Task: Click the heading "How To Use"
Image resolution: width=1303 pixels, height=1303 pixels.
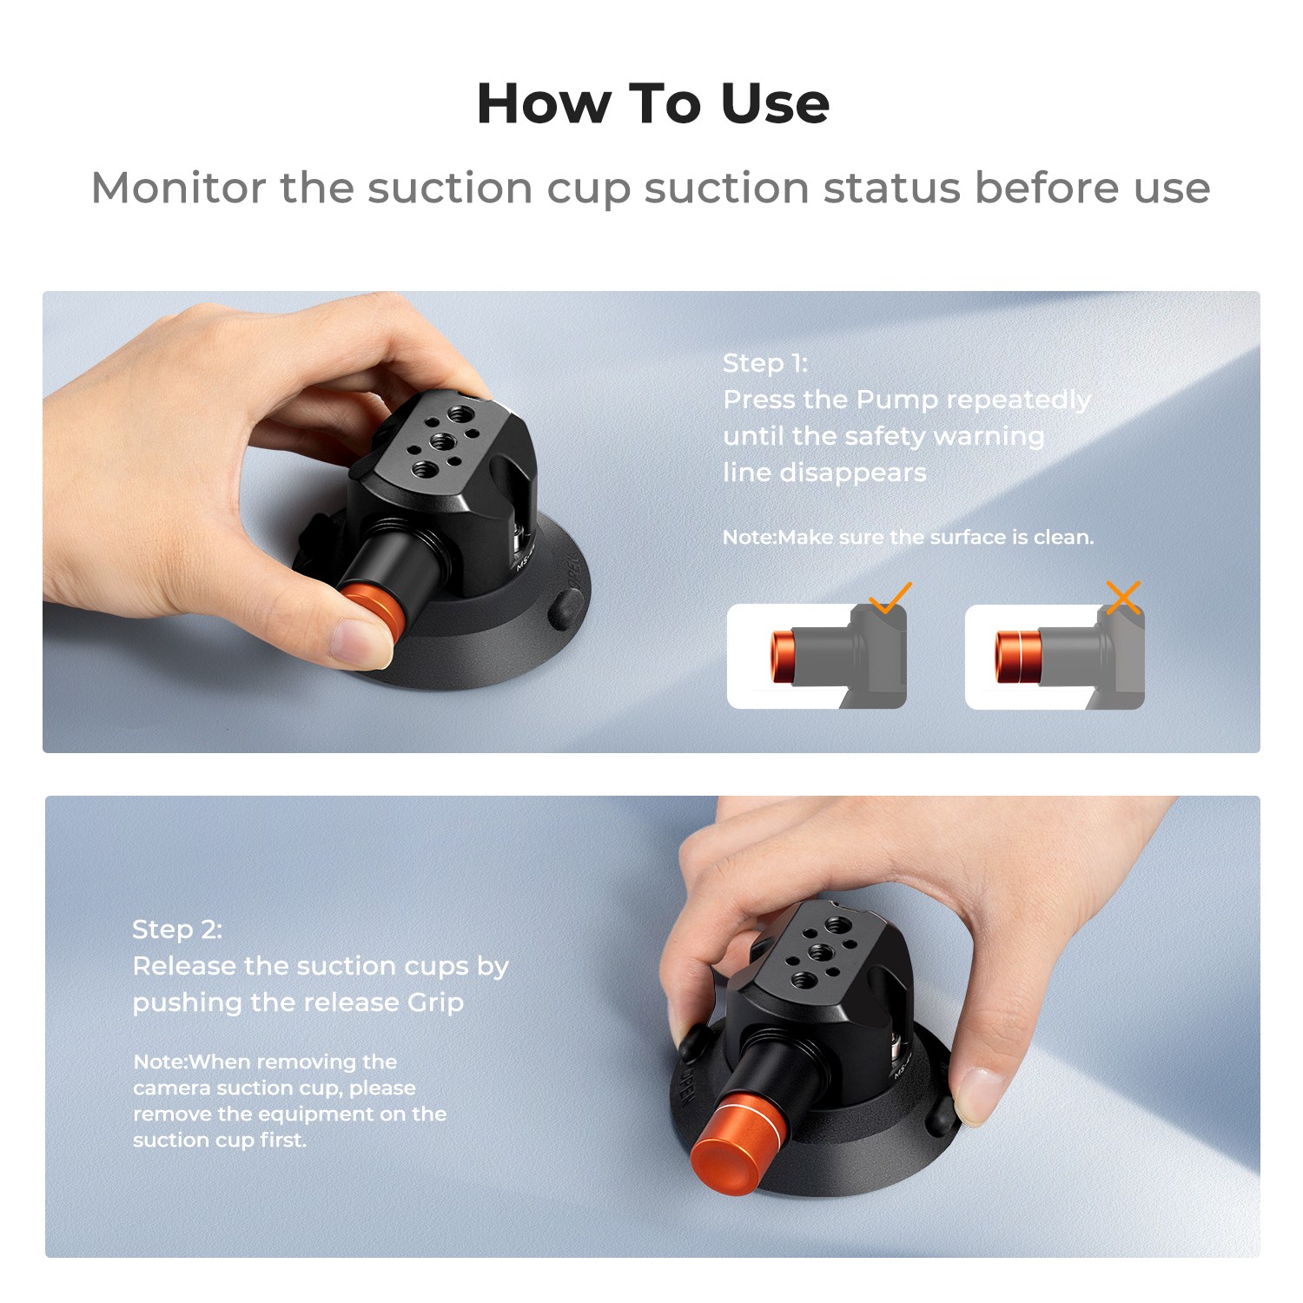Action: (652, 103)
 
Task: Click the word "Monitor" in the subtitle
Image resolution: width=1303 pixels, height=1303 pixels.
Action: (178, 188)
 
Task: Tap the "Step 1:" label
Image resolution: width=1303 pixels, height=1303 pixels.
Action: (765, 363)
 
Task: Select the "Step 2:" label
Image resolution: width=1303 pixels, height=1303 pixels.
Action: (177, 929)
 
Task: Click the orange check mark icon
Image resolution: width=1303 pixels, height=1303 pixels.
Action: (890, 599)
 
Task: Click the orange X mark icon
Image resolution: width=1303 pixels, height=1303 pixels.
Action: (1123, 598)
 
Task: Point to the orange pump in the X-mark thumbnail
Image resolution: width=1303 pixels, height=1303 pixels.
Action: (1018, 655)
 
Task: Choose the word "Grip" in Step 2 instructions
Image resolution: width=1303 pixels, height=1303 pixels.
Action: (436, 1002)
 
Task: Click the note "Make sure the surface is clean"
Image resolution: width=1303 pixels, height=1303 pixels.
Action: (909, 537)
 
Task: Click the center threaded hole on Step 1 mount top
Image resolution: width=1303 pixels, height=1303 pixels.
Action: (440, 441)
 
